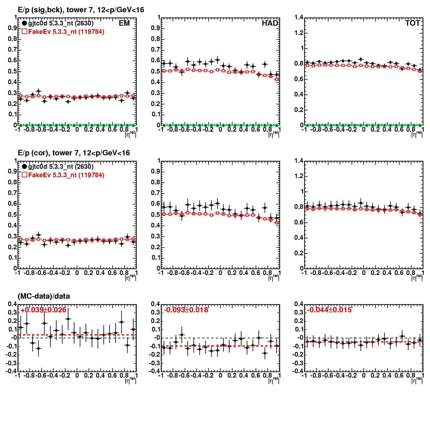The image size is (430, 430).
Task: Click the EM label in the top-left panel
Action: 124,23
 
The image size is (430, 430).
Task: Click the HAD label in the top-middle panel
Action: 270,23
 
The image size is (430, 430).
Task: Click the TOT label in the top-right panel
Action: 413,23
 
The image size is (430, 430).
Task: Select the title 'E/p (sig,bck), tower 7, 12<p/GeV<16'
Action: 81,10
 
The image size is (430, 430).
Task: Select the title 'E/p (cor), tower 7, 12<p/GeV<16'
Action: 74,153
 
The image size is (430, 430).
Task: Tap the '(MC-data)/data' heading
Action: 44,296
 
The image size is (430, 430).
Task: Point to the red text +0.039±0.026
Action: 43,310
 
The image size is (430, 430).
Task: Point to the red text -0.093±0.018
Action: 186,310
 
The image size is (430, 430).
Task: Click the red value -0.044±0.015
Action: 329,310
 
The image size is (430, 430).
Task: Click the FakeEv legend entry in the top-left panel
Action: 63,32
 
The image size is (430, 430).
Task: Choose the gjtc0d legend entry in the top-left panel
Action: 58,23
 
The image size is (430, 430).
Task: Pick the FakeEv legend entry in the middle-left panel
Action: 63,175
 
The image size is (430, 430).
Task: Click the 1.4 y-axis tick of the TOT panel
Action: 299,17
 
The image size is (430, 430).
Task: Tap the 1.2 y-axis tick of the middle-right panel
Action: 299,176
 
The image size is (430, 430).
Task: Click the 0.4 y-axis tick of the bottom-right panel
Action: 299,304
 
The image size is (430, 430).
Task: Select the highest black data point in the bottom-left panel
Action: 68,319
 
